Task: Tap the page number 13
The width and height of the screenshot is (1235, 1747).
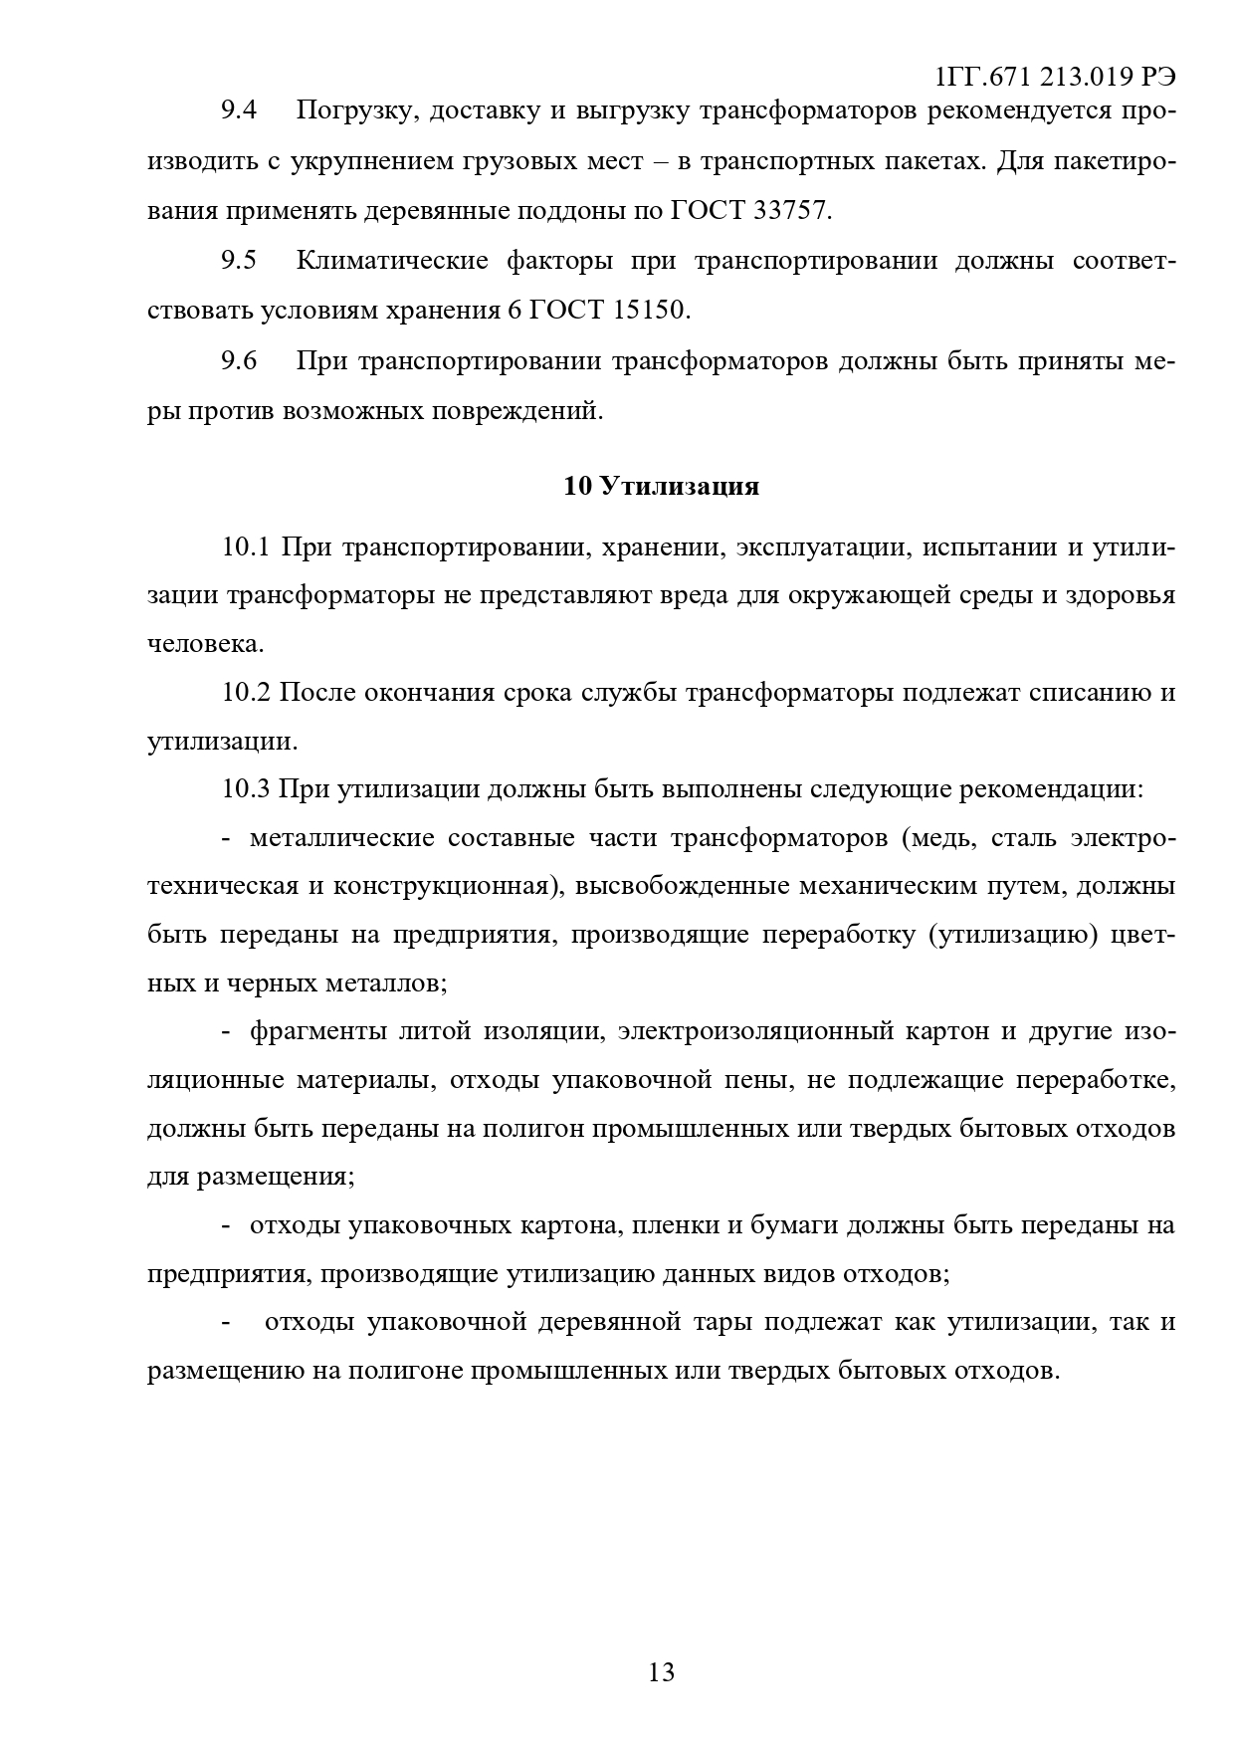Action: click(661, 1671)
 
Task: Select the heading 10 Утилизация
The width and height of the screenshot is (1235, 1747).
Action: click(661, 486)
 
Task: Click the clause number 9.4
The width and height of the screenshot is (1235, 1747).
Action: click(239, 110)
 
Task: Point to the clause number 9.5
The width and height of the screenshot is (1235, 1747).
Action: click(239, 261)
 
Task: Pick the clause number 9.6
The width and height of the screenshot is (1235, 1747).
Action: click(239, 360)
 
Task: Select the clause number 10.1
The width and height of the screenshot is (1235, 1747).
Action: click(246, 546)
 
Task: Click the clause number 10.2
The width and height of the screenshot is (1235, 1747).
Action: click(246, 693)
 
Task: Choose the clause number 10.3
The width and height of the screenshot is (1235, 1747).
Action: click(246, 789)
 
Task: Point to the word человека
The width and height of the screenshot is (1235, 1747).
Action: click(205, 644)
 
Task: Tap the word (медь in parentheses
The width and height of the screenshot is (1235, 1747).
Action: click(931, 838)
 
